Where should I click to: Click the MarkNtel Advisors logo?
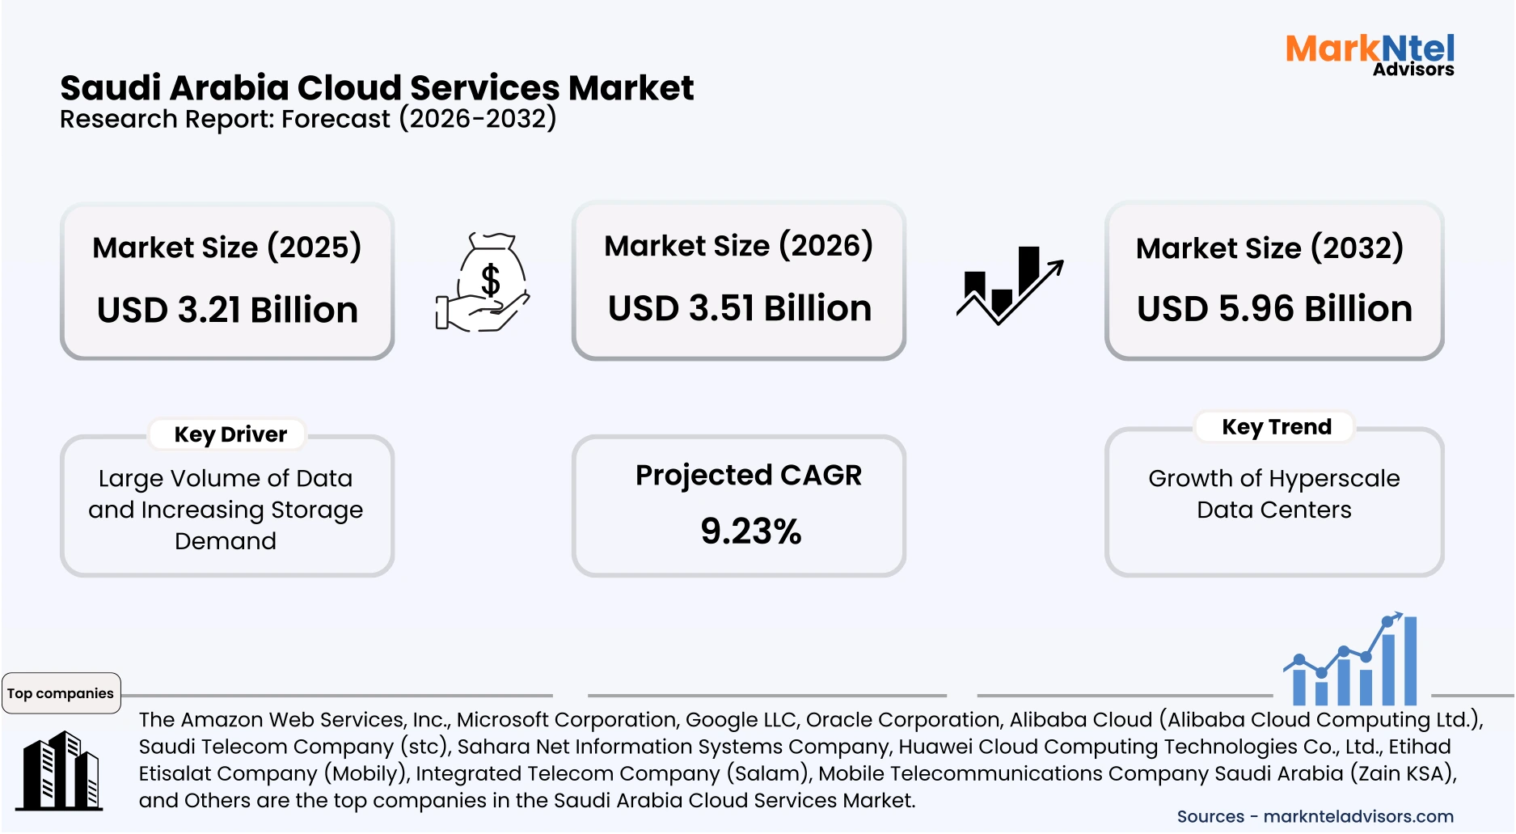click(x=1370, y=54)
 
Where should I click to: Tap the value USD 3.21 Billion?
click(x=227, y=310)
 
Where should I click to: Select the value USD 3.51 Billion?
click(x=739, y=308)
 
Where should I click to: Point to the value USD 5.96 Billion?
click(x=1274, y=309)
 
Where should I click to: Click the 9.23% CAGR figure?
click(x=750, y=531)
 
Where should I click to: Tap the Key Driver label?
click(x=230, y=434)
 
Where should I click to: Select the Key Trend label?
click(x=1276, y=426)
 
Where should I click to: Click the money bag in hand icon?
click(x=483, y=282)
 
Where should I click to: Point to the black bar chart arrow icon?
click(x=1009, y=285)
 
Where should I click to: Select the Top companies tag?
click(x=61, y=693)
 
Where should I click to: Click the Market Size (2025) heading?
click(x=226, y=247)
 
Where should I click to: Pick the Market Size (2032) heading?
click(x=1269, y=248)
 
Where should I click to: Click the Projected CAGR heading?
click(x=748, y=475)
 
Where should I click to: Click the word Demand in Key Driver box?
click(x=226, y=540)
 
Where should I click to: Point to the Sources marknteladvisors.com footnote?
click(x=1315, y=816)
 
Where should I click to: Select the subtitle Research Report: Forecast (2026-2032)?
click(x=308, y=119)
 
